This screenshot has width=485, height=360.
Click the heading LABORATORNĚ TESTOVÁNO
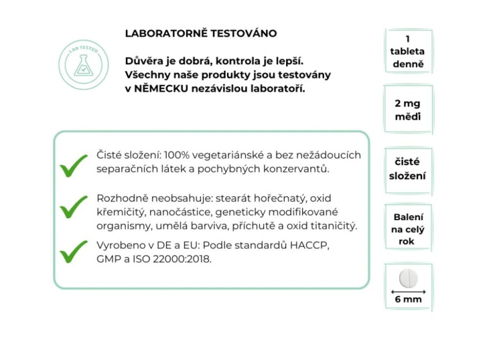click(201, 33)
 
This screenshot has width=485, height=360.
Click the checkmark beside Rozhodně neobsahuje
click(74, 207)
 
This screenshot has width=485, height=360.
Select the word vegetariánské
click(229, 155)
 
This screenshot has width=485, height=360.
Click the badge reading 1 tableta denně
click(407, 51)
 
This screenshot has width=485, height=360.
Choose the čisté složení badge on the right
click(407, 169)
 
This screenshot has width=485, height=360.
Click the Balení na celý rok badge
click(407, 229)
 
